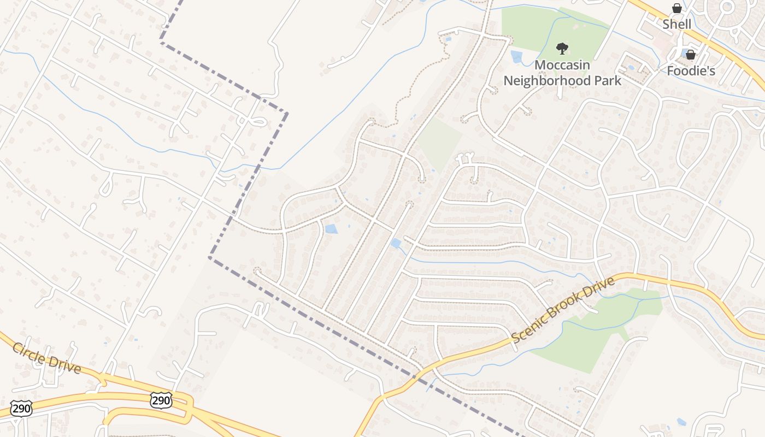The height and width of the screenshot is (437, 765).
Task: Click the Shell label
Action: tap(676, 24)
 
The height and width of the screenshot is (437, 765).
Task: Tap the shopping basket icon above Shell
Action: tap(677, 8)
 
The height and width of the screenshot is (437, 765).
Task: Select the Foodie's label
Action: tap(691, 70)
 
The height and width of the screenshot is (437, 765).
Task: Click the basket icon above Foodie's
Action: tap(691, 55)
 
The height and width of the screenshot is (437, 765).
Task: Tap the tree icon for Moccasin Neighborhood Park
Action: tap(562, 49)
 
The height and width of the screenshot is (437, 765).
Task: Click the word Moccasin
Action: tap(562, 65)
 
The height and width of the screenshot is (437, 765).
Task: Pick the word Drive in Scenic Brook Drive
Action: tap(597, 290)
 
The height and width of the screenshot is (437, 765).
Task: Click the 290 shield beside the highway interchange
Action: tap(161, 400)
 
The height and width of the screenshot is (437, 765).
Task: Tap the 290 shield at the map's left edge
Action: tap(21, 409)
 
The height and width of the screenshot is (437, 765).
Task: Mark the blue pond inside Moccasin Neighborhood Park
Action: tap(516, 57)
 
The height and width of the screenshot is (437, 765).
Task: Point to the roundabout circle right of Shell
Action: tap(727, 7)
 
